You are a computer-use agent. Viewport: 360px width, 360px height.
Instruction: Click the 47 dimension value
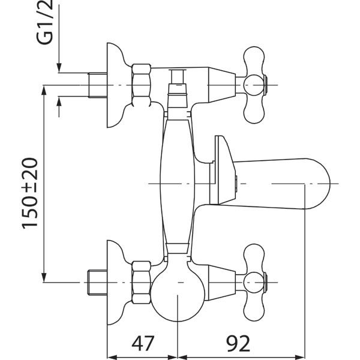click(143, 343)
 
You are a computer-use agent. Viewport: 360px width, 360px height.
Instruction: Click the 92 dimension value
click(238, 343)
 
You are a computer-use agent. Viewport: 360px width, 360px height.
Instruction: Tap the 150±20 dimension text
click(30, 193)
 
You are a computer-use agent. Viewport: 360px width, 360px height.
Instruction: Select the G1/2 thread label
click(45, 22)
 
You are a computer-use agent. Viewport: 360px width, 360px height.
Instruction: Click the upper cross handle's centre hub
click(253, 85)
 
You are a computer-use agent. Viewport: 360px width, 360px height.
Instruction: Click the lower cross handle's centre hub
click(253, 283)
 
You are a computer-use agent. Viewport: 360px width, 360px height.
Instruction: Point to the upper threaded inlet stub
click(98, 85)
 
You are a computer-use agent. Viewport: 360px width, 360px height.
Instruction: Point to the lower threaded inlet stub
click(98, 283)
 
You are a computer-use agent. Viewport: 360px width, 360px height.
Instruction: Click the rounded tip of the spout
click(322, 184)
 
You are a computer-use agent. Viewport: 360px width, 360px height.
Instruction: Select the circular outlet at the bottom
click(178, 295)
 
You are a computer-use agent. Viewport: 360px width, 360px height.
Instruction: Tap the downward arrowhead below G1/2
click(59, 68)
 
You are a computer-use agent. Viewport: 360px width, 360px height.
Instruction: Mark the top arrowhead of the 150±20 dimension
click(44, 90)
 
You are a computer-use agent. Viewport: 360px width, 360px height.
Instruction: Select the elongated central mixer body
click(177, 184)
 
